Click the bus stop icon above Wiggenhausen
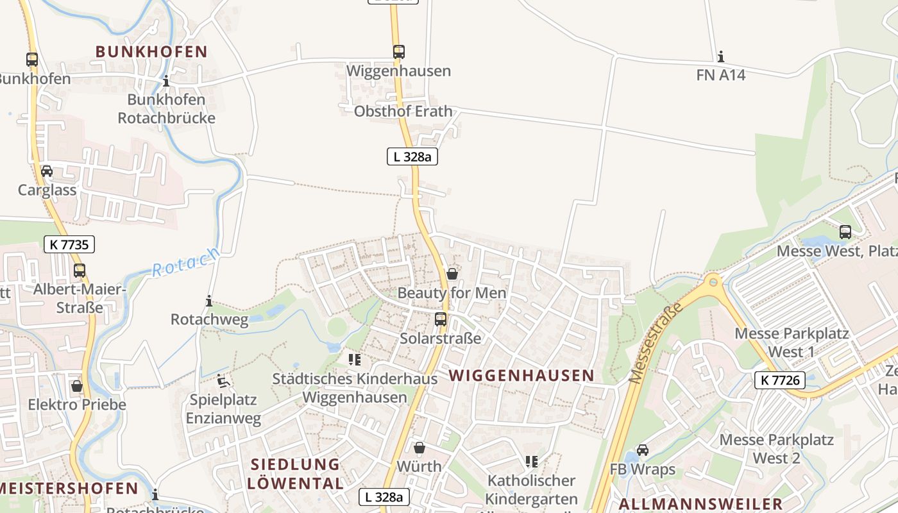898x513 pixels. (x=399, y=52)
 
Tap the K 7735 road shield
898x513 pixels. (x=69, y=244)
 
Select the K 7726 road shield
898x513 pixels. (x=779, y=380)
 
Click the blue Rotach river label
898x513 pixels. (x=186, y=262)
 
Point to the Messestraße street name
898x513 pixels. (x=654, y=344)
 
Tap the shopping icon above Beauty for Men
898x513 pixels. (x=452, y=274)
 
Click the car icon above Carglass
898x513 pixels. (x=47, y=171)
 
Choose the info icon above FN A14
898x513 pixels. (x=721, y=56)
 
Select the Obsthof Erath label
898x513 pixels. (x=403, y=111)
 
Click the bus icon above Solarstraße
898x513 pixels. (x=441, y=319)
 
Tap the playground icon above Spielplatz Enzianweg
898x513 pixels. (x=223, y=382)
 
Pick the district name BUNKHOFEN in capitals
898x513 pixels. (x=152, y=52)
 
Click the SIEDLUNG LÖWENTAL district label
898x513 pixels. (x=295, y=474)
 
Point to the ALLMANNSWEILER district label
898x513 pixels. (x=700, y=503)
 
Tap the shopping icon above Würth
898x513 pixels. (x=419, y=448)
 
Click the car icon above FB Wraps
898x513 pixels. (x=643, y=450)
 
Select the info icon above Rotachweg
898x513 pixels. (x=209, y=301)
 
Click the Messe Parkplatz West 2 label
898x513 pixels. (x=776, y=449)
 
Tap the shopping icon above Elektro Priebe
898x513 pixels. (x=77, y=386)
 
